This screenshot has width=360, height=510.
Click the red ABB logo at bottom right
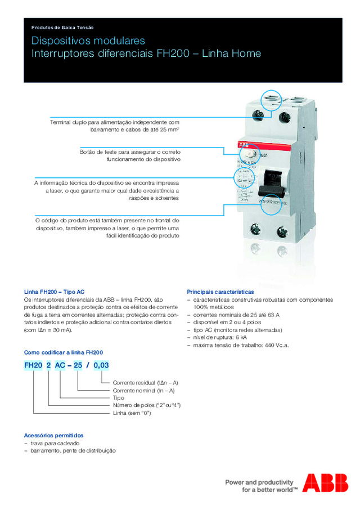pyautogui.click(x=325, y=483)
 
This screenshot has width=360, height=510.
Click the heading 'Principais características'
pyautogui.click(x=220, y=292)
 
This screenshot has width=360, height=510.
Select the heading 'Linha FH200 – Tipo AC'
pyautogui.click(x=54, y=292)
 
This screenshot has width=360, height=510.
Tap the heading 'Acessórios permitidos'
pyautogui.click(x=53, y=435)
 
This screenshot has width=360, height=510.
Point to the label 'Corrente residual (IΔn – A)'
pyautogui.click(x=145, y=382)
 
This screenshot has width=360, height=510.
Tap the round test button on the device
pyautogui.click(x=251, y=154)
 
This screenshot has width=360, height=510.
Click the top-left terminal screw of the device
pyautogui.click(x=260, y=115)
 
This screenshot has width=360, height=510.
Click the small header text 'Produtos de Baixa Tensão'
pyautogui.click(x=62, y=27)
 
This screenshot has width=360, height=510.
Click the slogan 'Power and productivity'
pyautogui.click(x=259, y=482)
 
